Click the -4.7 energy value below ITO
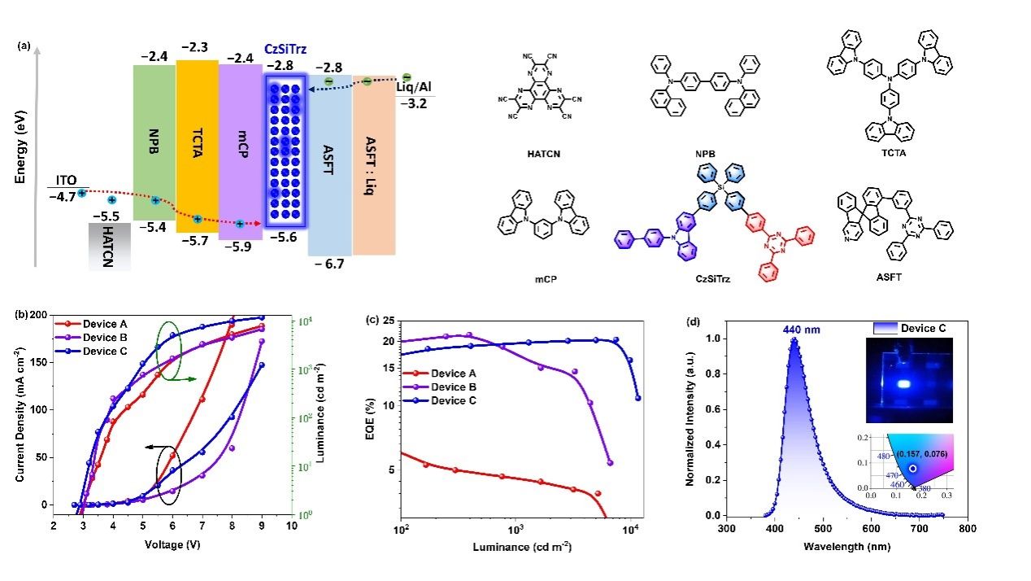click(61, 195)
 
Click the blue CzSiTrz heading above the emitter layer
click(285, 49)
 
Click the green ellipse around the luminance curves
click(169, 352)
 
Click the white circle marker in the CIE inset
click(913, 469)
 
